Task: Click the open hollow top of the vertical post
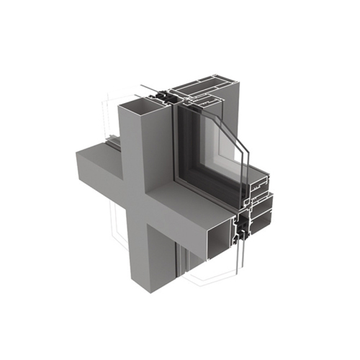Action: coord(137,106)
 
